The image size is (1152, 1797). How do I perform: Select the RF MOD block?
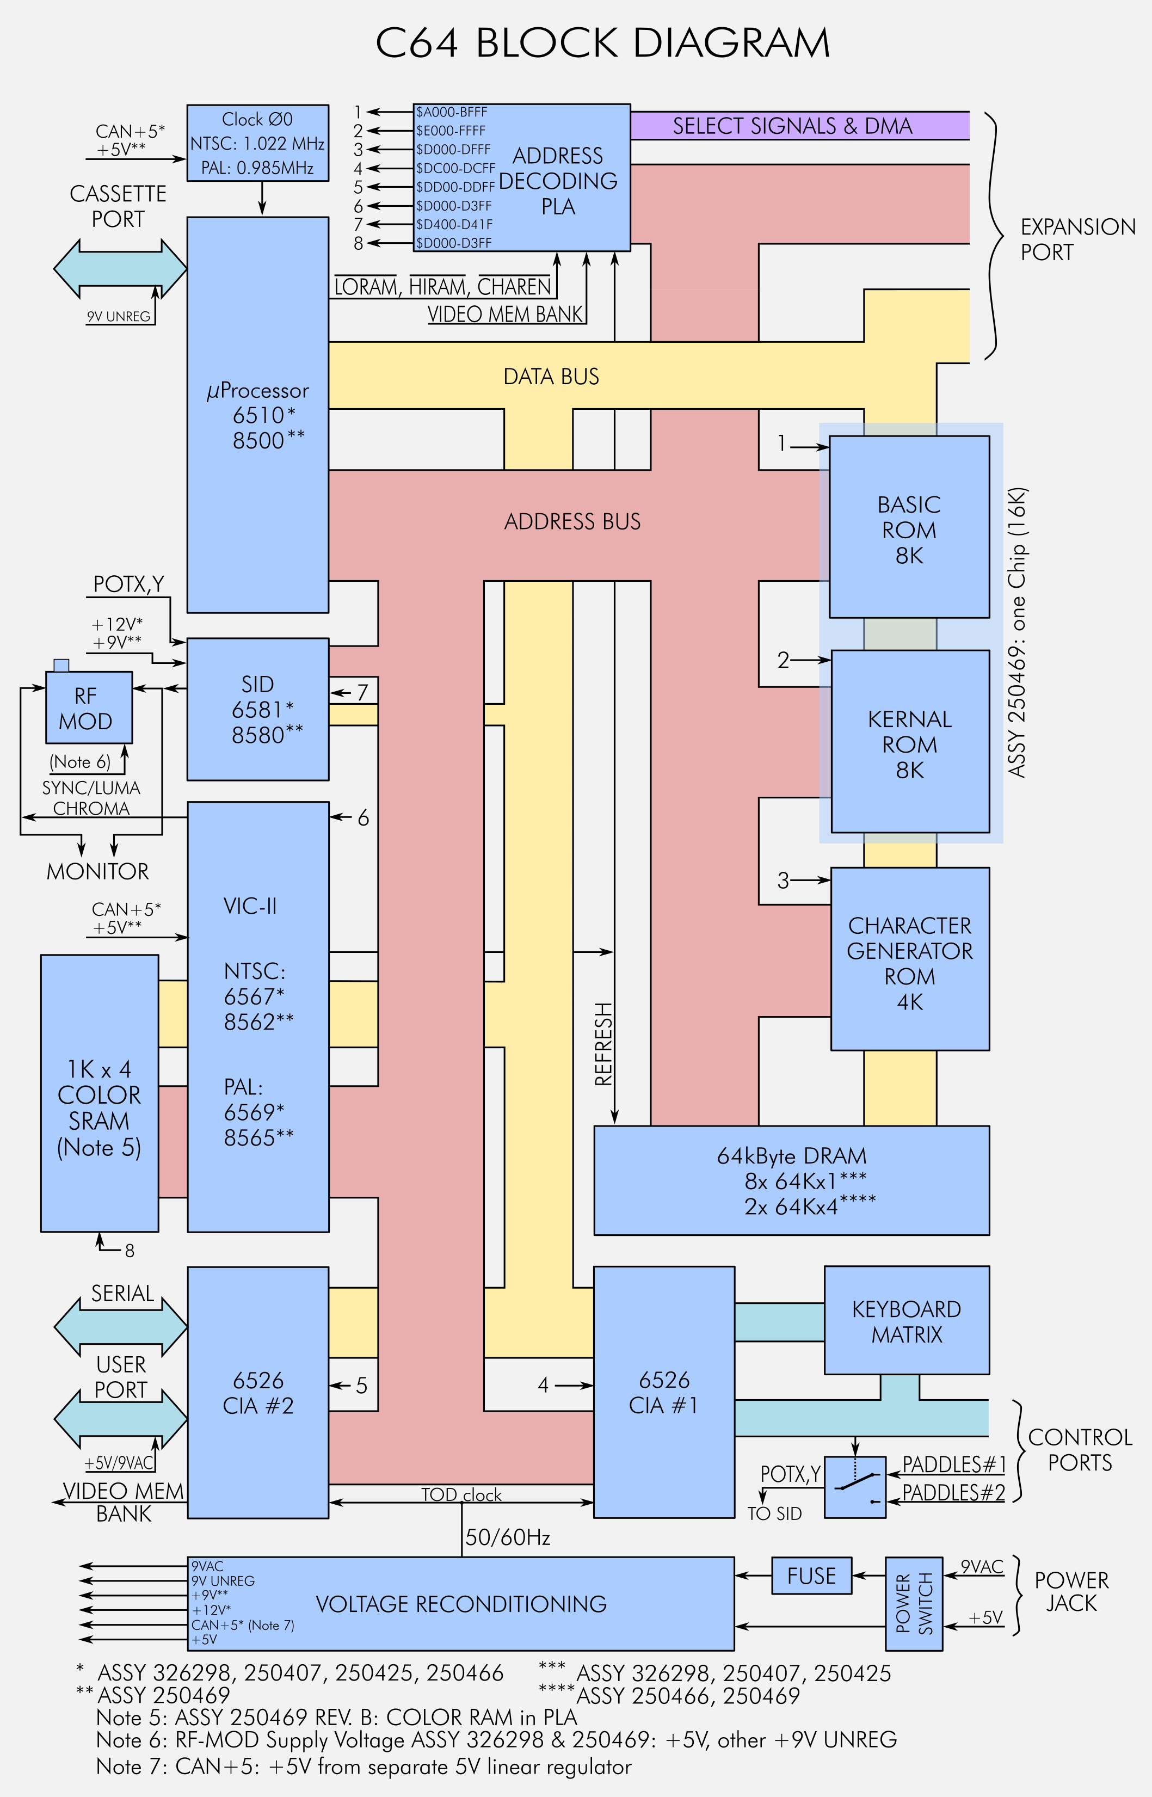88,707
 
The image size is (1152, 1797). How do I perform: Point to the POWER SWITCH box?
913,1603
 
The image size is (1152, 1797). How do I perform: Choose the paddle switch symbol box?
855,1487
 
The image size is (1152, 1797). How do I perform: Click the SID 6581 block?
257,709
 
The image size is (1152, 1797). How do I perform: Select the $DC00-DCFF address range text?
455,168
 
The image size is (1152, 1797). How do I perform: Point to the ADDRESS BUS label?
572,521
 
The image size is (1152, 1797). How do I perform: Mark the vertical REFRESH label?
603,1044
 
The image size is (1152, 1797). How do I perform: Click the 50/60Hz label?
508,1537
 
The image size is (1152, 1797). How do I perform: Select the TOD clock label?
461,1495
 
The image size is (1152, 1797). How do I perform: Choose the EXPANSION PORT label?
1077,239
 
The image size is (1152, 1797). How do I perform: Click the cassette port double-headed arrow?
120,269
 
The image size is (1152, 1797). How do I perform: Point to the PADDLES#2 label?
953,1493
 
